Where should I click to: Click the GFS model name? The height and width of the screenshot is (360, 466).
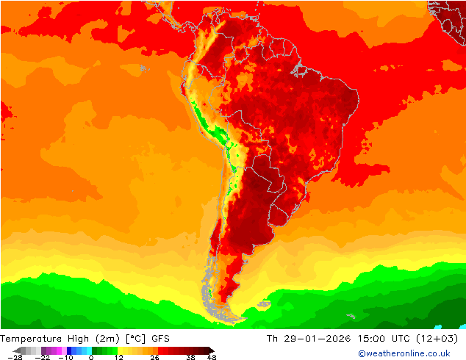point(161,339)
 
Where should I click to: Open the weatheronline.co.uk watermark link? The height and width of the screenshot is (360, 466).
point(404,353)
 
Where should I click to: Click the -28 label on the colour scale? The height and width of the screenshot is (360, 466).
point(15,357)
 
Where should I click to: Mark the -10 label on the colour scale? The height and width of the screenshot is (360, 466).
point(66,357)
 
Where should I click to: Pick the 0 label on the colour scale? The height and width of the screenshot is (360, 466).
point(91,357)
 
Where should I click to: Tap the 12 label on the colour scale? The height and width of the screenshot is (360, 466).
point(118,357)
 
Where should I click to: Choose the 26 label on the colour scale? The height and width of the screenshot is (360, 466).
point(154,357)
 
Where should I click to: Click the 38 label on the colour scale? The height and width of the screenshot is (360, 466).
point(190,357)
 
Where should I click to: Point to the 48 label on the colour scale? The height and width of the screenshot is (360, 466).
point(212,357)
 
